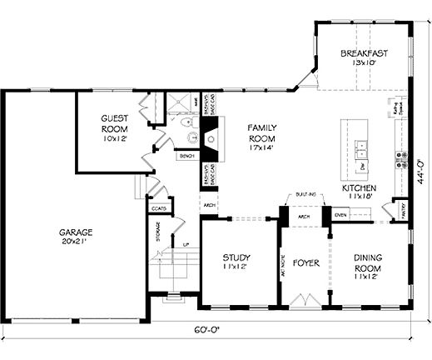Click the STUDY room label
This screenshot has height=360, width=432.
pos(237,262)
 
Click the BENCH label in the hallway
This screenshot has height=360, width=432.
pos(185,156)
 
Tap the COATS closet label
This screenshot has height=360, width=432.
pos(158,208)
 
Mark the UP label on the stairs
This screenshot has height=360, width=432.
pos(186,244)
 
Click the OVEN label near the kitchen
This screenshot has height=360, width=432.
pos(340,215)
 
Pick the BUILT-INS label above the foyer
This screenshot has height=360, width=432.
pos(305,195)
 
